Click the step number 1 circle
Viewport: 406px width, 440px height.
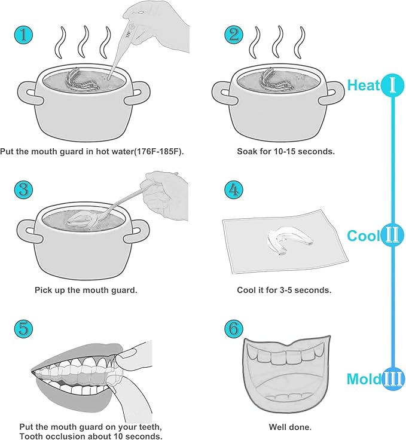click(x=24, y=35)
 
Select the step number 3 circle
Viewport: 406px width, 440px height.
click(x=24, y=190)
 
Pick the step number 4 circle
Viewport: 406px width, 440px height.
click(x=233, y=190)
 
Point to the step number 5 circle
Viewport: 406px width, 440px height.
click(x=24, y=328)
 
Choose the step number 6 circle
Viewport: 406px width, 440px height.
click(x=233, y=328)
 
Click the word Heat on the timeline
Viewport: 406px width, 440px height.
click(x=364, y=85)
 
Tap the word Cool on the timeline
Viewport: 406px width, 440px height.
click(x=364, y=236)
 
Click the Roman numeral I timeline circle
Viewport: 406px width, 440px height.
click(x=392, y=85)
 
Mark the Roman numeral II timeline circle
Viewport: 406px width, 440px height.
click(x=392, y=236)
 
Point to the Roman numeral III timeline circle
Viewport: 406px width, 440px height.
click(x=393, y=378)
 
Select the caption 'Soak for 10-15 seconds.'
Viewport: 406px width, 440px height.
click(x=286, y=151)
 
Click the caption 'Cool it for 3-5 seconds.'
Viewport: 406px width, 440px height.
click(x=285, y=290)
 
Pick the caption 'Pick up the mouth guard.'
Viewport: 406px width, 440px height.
click(x=86, y=290)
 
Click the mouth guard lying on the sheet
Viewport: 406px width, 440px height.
click(x=286, y=242)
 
